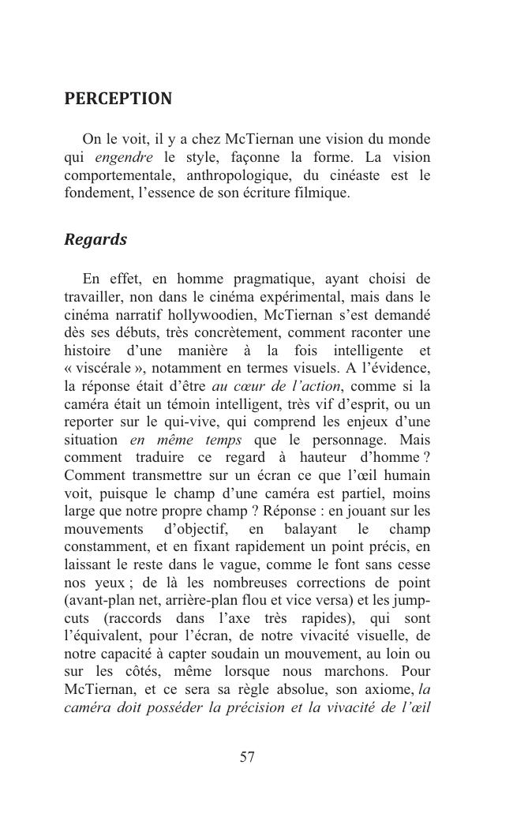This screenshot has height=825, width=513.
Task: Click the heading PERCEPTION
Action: [x=118, y=99]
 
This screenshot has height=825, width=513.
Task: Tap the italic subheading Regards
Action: [x=95, y=240]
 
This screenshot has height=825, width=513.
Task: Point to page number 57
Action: [x=247, y=758]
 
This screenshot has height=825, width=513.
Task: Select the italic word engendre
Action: [x=124, y=157]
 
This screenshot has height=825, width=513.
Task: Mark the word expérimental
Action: [x=306, y=298]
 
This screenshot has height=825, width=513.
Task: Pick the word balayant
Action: [x=314, y=528]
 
